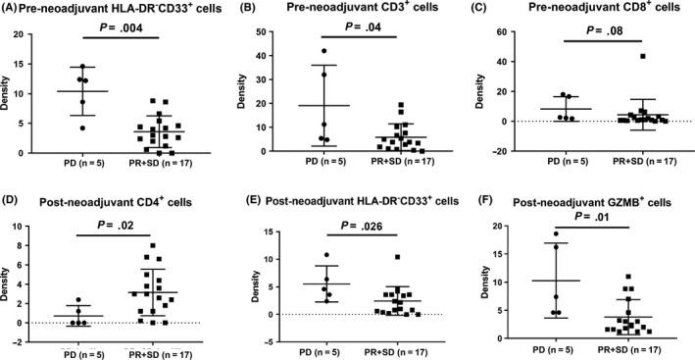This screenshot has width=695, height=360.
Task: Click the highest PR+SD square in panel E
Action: pyautogui.click(x=398, y=258)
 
